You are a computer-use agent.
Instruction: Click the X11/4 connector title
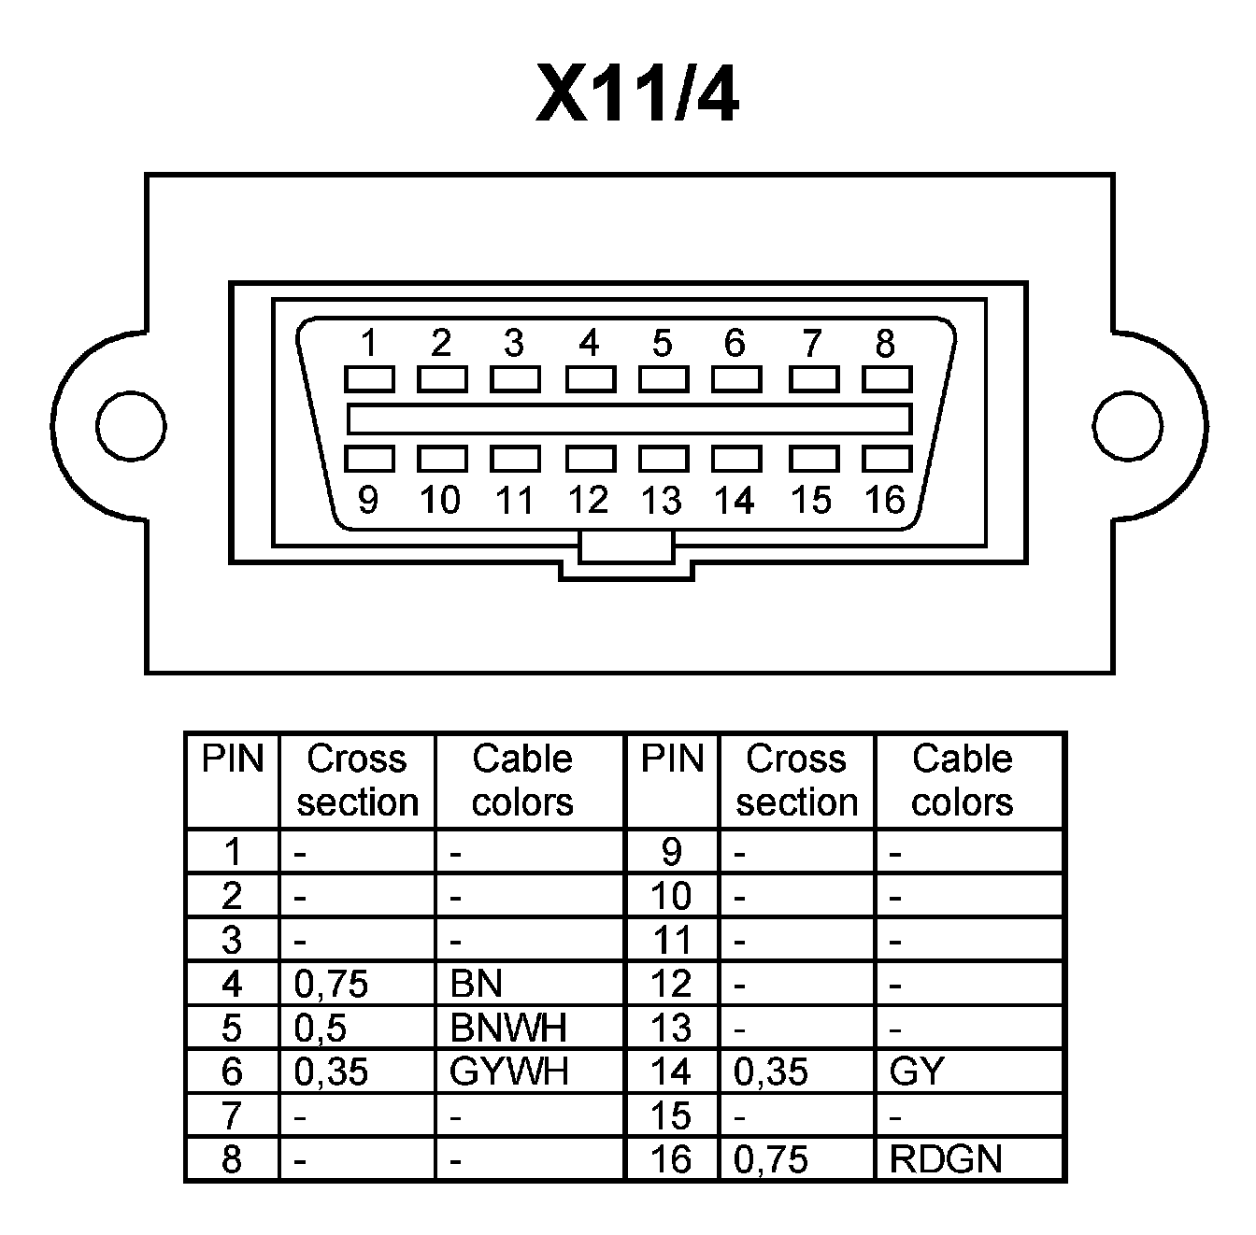[637, 94]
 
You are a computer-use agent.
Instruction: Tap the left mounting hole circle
[132, 426]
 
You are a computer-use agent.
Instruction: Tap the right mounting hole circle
[1128, 426]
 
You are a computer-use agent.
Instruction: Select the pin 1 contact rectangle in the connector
[368, 379]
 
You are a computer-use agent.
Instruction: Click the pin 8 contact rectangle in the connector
[886, 379]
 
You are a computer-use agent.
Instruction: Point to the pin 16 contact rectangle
[886, 459]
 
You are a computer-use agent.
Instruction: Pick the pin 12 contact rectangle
[590, 459]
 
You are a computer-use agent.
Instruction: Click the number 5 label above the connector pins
[662, 344]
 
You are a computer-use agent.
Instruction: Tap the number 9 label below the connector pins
[368, 501]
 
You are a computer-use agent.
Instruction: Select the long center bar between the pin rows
[629, 419]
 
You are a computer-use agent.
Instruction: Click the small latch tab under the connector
[625, 547]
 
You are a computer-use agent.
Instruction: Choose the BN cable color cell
[477, 984]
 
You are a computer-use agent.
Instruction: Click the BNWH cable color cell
[507, 1028]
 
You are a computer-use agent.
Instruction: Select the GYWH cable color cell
[508, 1072]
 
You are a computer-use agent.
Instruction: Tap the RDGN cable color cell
[946, 1159]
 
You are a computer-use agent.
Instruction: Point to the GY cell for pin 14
[917, 1072]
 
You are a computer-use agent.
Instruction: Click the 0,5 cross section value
[321, 1028]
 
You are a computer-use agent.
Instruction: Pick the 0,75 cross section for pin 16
[771, 1159]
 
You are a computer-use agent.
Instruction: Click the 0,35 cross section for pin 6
[331, 1072]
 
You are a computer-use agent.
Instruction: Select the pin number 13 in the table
[671, 1028]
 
